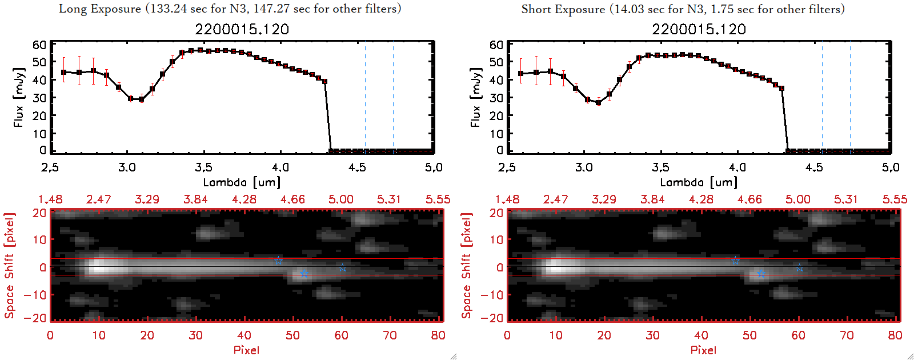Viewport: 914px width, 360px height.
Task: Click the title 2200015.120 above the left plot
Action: (242, 30)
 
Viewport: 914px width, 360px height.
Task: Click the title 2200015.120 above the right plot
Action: (699, 30)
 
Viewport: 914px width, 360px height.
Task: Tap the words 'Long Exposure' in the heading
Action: (100, 9)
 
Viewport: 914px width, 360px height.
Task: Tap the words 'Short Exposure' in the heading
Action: (563, 9)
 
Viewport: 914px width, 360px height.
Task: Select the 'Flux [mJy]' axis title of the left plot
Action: (19, 97)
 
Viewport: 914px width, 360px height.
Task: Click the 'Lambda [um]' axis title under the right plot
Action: (699, 182)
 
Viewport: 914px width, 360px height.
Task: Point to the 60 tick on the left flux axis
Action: (39, 45)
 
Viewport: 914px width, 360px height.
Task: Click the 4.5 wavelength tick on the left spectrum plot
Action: (357, 167)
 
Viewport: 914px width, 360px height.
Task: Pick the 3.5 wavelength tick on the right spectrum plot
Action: (660, 167)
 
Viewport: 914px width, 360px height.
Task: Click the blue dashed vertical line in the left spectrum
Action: (393, 97)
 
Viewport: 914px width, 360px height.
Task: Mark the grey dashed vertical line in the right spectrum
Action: (822, 97)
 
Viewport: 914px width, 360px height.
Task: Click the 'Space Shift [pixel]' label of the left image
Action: (9, 266)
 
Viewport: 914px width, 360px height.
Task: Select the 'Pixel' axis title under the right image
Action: (703, 350)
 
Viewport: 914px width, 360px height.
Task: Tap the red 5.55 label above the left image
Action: (438, 199)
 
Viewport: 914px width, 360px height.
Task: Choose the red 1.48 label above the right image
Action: (507, 199)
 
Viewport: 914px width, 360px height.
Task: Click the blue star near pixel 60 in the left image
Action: (342, 267)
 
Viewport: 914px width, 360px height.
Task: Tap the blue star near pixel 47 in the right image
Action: (735, 261)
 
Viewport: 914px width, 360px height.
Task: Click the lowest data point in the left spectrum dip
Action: (141, 99)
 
